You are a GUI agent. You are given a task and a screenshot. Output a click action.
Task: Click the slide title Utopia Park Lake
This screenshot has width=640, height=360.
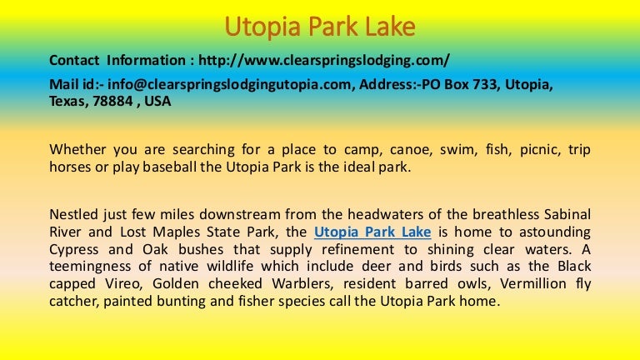320,27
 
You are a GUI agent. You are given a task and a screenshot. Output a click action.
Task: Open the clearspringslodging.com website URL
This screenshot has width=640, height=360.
324,60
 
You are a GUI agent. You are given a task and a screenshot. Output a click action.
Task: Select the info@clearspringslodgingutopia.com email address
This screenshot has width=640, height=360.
229,84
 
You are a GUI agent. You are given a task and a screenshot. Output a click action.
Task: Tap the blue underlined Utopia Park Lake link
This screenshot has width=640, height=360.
372,232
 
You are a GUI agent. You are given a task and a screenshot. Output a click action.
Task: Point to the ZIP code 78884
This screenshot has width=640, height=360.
112,101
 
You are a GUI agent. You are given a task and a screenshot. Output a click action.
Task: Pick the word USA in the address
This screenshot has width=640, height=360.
157,101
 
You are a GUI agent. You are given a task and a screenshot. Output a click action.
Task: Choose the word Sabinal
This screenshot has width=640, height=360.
567,214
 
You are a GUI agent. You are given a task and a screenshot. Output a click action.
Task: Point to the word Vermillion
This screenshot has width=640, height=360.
533,283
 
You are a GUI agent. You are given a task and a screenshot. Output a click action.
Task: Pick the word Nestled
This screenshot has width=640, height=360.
73,214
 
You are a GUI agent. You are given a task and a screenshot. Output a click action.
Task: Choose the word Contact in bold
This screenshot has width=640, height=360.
74,60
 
